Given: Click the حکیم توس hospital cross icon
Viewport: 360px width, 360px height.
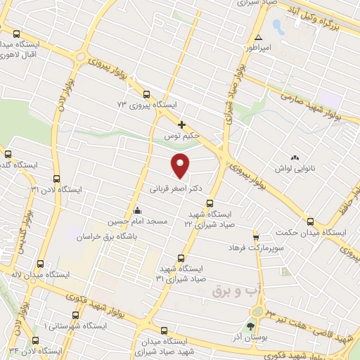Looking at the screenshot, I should point(182,124).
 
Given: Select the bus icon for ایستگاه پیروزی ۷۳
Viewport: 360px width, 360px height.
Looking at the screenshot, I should point(146,95).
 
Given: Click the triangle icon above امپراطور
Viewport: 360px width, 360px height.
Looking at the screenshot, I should point(259,37).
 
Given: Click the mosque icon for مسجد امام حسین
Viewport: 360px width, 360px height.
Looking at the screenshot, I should point(137,211).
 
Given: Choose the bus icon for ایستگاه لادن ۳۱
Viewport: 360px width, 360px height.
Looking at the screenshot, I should point(56,179).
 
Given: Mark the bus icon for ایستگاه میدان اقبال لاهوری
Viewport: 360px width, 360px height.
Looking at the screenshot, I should point(18,32).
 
